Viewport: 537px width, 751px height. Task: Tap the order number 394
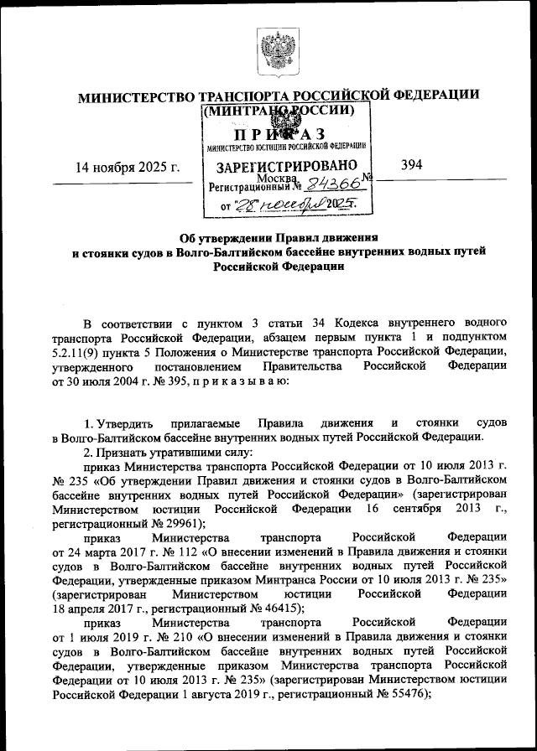click(x=411, y=165)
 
